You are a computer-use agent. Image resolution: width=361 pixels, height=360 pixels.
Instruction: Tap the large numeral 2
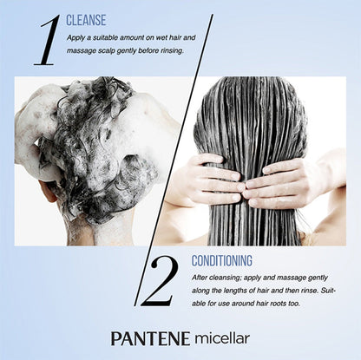pyautogui.click(x=158, y=282)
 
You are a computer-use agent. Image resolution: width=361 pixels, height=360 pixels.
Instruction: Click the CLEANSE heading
pyautogui.click(x=86, y=20)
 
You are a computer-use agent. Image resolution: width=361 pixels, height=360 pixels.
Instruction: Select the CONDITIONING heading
pyautogui.click(x=222, y=260)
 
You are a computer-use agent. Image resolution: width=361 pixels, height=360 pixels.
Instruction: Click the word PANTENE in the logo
pyautogui.click(x=150, y=338)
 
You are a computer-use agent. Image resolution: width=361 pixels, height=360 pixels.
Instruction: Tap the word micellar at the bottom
pyautogui.click(x=222, y=338)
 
